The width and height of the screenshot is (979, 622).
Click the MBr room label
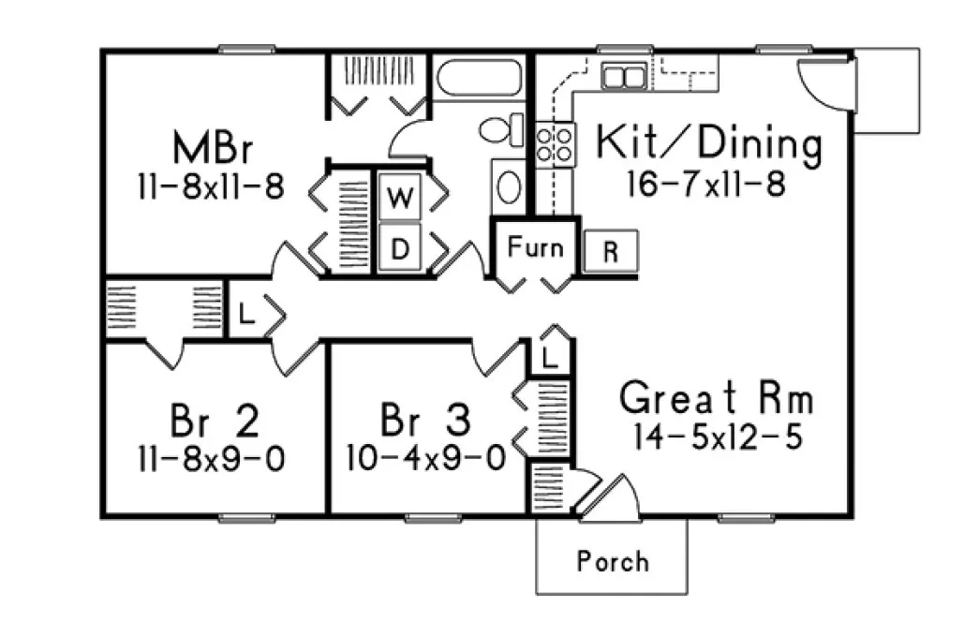[x=215, y=147]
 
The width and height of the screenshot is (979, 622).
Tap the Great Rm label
[x=717, y=399]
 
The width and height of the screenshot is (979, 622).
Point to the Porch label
[x=612, y=561]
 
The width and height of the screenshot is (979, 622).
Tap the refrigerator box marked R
[x=611, y=252]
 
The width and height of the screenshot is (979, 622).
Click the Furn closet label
[x=536, y=247]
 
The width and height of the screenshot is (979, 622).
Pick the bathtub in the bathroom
[x=479, y=78]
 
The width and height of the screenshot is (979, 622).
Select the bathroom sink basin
[x=508, y=187]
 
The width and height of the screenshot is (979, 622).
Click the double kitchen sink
[x=623, y=75]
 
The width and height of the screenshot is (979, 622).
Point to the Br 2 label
[x=215, y=421]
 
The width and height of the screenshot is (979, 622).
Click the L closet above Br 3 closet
[x=551, y=356]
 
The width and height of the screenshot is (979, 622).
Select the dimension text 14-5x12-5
[x=717, y=437]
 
